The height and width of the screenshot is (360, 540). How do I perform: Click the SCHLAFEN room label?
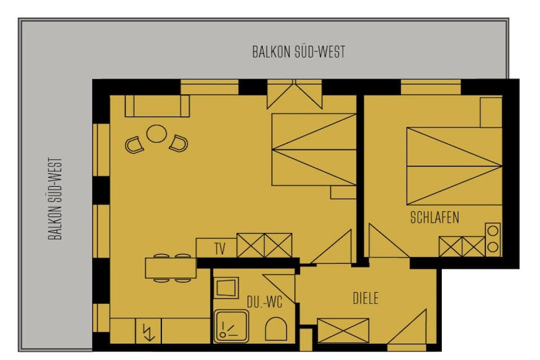click(x=435, y=218)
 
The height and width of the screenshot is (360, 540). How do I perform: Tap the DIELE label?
click(x=366, y=298)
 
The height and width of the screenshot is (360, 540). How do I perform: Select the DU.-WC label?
click(x=265, y=302)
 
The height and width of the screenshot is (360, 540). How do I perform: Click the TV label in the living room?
click(x=220, y=248)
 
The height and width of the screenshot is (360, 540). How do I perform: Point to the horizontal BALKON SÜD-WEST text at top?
click(x=298, y=52)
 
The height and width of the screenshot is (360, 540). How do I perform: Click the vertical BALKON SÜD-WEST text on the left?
click(x=55, y=199)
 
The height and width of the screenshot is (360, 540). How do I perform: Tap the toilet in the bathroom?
click(x=276, y=329)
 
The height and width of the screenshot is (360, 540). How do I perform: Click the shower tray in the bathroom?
click(x=231, y=326)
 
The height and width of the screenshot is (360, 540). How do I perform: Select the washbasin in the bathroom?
click(x=226, y=288)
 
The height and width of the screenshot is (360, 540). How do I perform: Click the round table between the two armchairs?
click(x=157, y=133)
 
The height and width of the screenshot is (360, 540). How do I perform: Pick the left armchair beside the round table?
click(x=134, y=145)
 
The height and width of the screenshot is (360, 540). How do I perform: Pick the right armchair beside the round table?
click(x=178, y=143)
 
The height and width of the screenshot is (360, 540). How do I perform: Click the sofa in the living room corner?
click(x=157, y=106)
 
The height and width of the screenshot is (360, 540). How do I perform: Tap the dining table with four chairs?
click(x=171, y=268)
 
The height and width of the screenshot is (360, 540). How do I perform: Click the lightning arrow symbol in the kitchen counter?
click(x=149, y=333)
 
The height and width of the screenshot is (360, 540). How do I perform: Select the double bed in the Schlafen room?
click(x=454, y=166)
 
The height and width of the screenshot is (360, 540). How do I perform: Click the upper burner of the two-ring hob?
click(x=493, y=231)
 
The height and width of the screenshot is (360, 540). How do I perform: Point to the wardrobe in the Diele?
click(x=343, y=330)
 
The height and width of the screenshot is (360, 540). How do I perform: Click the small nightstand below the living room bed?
click(x=343, y=192)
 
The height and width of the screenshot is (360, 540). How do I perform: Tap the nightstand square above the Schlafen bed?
click(x=491, y=113)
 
